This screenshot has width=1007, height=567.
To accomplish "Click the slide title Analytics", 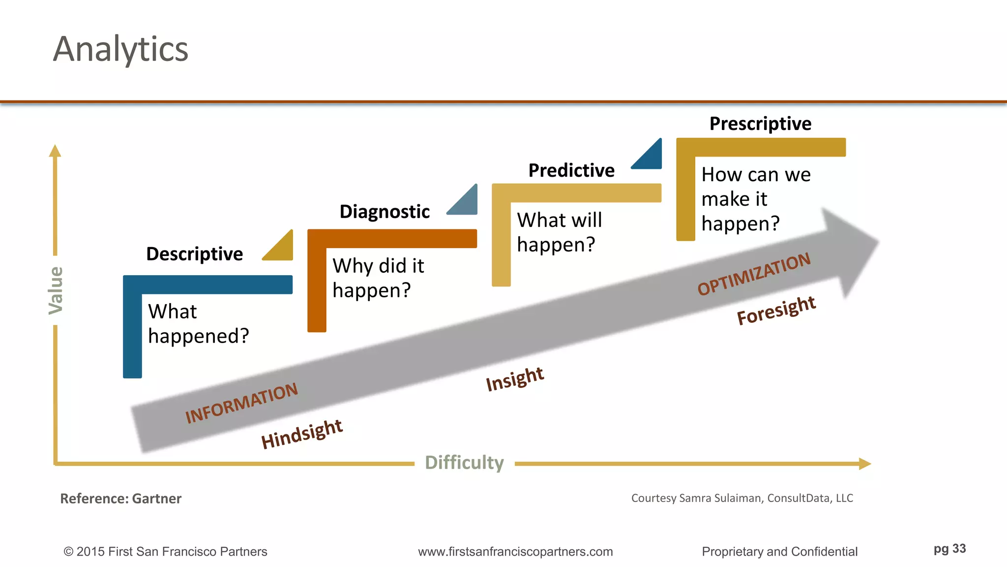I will [120, 49].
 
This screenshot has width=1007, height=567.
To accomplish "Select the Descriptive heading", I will [194, 254].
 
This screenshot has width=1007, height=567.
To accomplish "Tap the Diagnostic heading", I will [385, 212].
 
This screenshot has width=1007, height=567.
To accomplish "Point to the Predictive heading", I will [571, 170].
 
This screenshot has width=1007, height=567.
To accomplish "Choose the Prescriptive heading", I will [760, 124].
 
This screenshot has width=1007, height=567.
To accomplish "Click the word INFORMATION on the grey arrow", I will [241, 403].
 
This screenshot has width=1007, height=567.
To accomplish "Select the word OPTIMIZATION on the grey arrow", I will [754, 274].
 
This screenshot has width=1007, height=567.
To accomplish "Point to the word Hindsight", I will [301, 433].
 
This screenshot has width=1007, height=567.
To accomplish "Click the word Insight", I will [515, 379].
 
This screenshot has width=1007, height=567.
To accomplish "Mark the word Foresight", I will [776, 310].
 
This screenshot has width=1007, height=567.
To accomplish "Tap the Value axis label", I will [56, 290].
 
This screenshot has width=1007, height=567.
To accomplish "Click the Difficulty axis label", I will [464, 463].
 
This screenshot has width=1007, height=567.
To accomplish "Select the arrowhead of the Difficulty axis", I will [865, 464].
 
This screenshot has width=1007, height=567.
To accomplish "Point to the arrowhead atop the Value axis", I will [55, 151].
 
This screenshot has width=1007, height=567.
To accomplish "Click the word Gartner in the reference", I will [157, 499].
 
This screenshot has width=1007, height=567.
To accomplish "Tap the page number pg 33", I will [949, 549].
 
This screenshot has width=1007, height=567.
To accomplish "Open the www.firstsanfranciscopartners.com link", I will [515, 552].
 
